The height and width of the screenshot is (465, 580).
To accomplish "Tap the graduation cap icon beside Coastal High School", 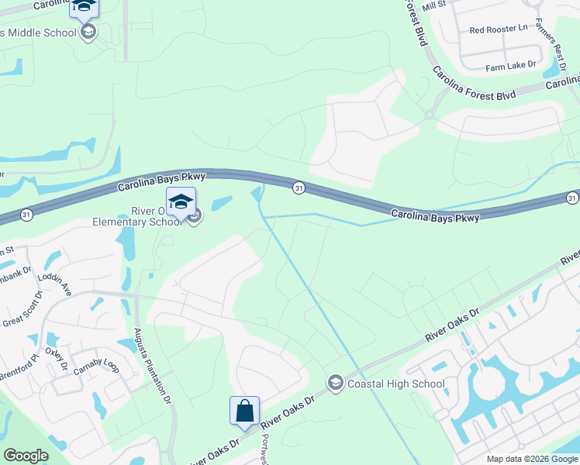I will coord(335,382).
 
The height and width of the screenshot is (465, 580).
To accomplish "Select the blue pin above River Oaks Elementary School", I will coord(181,201).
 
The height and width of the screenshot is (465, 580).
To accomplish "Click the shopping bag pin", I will coord(244,410).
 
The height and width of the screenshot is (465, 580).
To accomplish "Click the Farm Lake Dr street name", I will coord(511,67).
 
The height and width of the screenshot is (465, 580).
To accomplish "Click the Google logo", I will coord(26,455).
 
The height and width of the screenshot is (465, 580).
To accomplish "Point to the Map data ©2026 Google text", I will coord(531,459).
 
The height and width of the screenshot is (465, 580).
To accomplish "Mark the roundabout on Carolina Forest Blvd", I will coord(429,115).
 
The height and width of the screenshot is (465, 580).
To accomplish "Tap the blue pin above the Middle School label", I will coord(85,8).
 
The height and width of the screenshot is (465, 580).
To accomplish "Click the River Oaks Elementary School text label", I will coord(143,216).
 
